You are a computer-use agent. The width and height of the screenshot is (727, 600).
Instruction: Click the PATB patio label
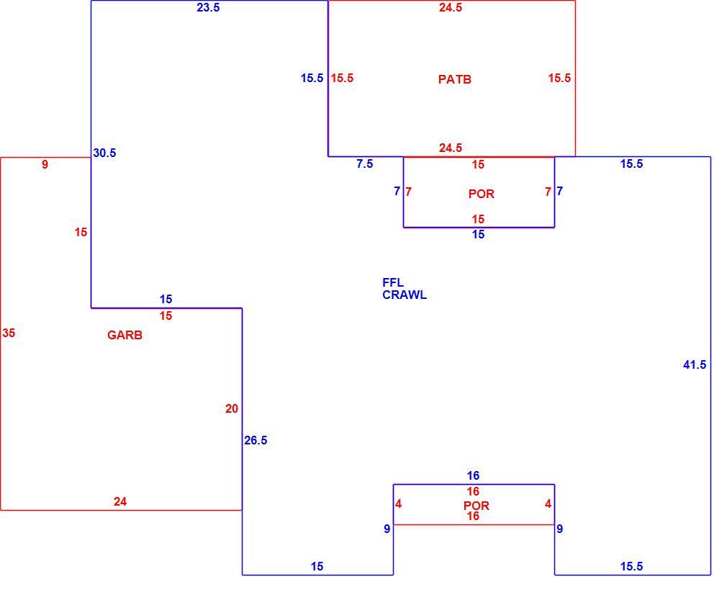tap(454, 79)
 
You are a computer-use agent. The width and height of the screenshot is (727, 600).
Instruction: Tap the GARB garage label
tap(125, 335)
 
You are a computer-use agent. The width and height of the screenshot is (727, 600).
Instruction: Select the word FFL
tap(393, 282)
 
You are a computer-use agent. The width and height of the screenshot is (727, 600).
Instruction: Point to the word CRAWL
tap(405, 295)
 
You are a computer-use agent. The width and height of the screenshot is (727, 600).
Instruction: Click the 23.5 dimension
tap(208, 7)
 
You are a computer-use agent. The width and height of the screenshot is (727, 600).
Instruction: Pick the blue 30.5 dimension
tap(104, 153)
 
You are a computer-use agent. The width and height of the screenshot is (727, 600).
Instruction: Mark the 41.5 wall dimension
tap(695, 365)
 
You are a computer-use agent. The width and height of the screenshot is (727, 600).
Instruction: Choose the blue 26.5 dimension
tap(256, 440)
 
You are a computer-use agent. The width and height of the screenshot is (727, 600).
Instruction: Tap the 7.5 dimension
tap(364, 164)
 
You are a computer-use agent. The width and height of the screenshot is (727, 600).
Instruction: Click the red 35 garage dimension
tap(9, 333)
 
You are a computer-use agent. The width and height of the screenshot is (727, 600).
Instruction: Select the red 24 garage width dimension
tap(120, 501)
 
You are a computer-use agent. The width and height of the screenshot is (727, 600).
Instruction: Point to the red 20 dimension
tap(232, 409)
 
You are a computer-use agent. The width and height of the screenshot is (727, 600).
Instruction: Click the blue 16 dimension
tap(473, 475)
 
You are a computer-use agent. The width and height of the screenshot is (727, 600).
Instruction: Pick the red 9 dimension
tap(45, 165)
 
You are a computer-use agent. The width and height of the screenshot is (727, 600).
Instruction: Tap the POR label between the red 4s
tap(477, 506)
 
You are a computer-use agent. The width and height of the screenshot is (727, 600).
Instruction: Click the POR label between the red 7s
tap(482, 194)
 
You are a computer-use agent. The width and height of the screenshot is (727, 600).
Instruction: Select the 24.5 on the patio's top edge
tap(451, 7)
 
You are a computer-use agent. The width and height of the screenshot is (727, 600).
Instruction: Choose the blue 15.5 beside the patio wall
tap(312, 78)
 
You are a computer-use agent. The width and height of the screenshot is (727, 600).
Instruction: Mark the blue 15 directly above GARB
tap(166, 300)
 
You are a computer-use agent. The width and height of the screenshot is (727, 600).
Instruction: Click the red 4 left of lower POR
tap(398, 504)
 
